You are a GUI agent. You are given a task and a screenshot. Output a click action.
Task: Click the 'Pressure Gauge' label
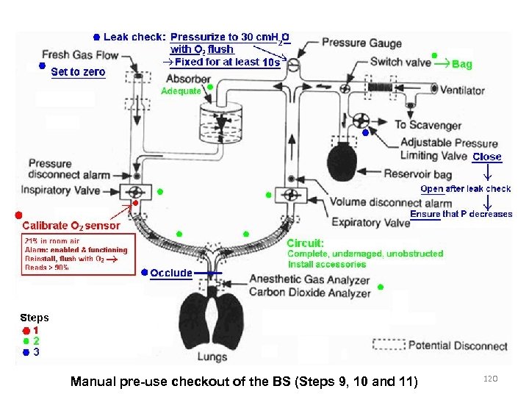pos(355,44)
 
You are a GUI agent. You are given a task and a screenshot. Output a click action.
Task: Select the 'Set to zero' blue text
pos(78,72)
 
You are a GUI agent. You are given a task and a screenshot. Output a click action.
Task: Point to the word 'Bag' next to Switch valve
pos(462,65)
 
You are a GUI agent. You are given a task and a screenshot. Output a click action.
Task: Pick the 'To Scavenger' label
pos(428,125)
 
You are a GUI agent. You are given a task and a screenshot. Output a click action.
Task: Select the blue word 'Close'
pos(487,157)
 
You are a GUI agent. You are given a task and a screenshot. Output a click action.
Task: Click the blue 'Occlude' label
pos(171,273)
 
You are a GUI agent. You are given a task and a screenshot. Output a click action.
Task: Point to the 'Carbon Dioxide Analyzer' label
pos(309,293)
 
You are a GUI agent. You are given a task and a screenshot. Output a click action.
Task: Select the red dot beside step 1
pos(26,331)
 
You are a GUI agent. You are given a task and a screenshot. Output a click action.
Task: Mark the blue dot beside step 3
pos(26,352)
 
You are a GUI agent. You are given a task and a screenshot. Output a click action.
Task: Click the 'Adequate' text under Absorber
pos(180,91)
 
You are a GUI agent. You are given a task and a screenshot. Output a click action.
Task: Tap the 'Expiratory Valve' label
pos(370,222)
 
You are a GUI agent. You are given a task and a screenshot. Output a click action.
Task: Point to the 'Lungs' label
pos(212,357)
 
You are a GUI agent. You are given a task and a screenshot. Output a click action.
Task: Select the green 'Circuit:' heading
pos(305,243)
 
